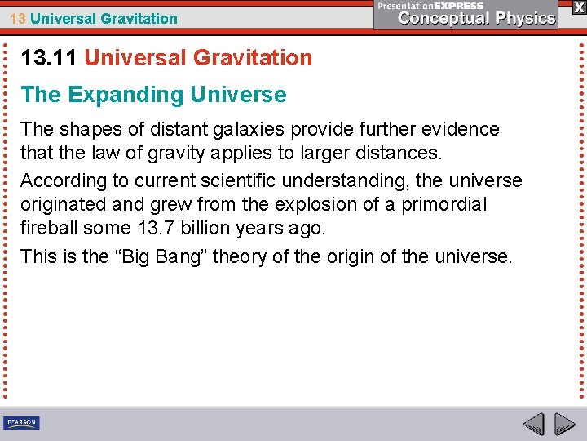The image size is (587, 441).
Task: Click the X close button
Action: point(578,7)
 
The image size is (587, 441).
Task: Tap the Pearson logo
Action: point(21,423)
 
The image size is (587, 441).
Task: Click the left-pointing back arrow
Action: point(533,425)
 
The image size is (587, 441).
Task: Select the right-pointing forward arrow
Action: point(564,425)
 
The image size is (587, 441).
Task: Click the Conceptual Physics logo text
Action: point(477,18)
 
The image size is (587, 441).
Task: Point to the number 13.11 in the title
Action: point(49,58)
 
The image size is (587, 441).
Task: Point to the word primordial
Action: point(444,204)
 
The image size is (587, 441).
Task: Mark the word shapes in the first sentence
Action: point(87,129)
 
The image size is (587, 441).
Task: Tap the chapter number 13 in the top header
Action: point(17,18)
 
